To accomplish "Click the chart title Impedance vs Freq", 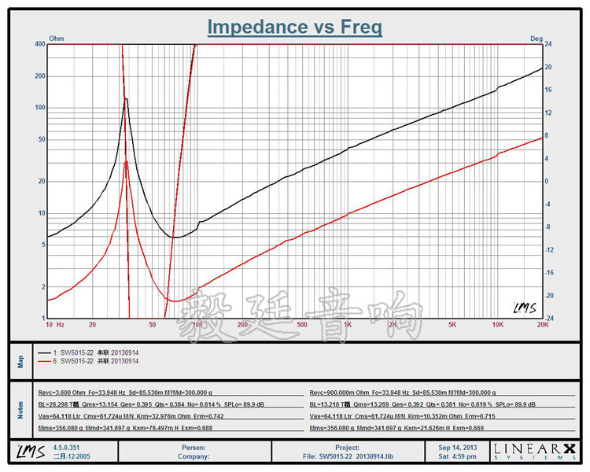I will click(x=295, y=27).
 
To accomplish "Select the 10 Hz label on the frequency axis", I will click(x=55, y=324).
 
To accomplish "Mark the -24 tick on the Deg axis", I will click(x=550, y=318).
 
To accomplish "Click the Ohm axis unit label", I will click(x=56, y=38).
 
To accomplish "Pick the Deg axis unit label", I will click(x=537, y=38).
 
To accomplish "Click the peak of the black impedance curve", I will click(x=126, y=99).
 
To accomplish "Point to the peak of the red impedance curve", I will click(x=126, y=161).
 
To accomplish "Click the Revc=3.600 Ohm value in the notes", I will click(x=66, y=391).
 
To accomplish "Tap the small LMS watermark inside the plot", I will click(x=525, y=308).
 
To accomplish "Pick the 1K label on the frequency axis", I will click(x=348, y=324).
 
